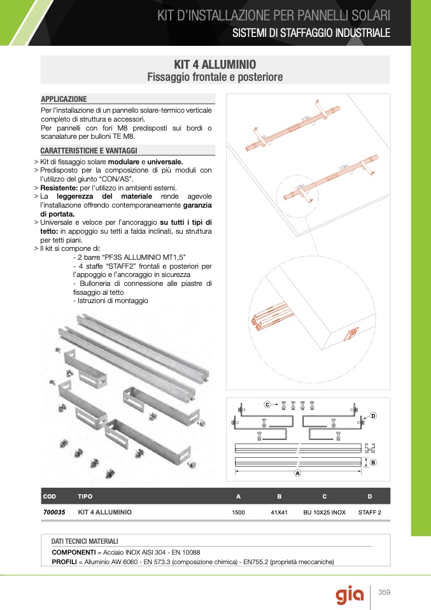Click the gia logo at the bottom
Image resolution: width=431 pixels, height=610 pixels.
[x=351, y=595]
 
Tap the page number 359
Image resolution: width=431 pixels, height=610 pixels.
[x=384, y=593]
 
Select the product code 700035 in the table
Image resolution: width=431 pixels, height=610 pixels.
[x=54, y=511]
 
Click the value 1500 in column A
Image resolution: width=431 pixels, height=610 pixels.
[x=239, y=512]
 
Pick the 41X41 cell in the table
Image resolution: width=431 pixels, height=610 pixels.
[x=279, y=512]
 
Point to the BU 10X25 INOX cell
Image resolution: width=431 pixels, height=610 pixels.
[x=324, y=512]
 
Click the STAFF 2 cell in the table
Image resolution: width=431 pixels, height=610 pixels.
[x=370, y=512]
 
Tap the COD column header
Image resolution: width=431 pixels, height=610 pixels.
[x=50, y=496]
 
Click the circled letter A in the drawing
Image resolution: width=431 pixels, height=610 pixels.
[x=297, y=474]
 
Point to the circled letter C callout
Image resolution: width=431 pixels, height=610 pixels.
[x=267, y=404]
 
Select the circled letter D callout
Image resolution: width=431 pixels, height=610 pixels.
[x=373, y=416]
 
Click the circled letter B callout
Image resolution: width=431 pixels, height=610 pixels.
[x=373, y=462]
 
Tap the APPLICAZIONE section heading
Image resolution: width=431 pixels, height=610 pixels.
[x=64, y=99]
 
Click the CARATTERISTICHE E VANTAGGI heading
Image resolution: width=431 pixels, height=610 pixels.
[x=88, y=151]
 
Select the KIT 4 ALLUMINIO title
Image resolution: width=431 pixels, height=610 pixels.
[x=215, y=65]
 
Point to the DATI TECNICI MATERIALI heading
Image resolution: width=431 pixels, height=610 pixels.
[x=85, y=541]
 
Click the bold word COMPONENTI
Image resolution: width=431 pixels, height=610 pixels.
[x=73, y=552]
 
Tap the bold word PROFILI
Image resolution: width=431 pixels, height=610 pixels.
[x=64, y=562]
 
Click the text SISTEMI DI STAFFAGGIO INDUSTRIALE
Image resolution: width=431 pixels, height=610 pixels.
[x=311, y=33]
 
